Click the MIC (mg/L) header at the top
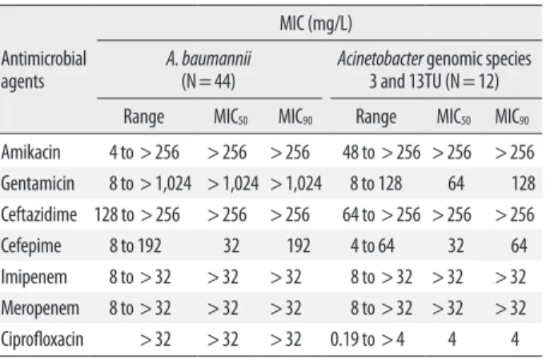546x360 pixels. coord(315,24)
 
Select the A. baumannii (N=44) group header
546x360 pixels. coord(209,70)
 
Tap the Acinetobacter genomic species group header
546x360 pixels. coord(434,70)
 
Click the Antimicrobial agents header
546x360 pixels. coord(43,70)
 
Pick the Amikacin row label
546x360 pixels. coord(30,152)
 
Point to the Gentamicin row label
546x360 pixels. coord(38,183)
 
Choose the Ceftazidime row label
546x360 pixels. coord(38,214)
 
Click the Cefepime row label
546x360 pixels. coord(31,246)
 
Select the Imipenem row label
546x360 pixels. coord(34,278)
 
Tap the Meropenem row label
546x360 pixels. coord(40,309)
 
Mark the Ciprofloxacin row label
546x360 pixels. coord(42,339)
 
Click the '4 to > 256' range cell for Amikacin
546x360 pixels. coord(144,152)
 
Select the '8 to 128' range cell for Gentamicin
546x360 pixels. coord(376,183)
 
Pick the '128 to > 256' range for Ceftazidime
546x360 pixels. coord(137,214)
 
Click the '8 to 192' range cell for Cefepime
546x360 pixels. coord(135,246)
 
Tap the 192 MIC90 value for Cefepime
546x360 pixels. coord(299,246)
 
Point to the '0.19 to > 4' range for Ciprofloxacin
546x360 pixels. coord(367,339)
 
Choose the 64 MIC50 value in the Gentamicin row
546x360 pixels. coord(456,183)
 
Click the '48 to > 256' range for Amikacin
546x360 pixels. coord(381,152)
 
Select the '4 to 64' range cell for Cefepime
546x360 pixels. coord(372,246)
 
